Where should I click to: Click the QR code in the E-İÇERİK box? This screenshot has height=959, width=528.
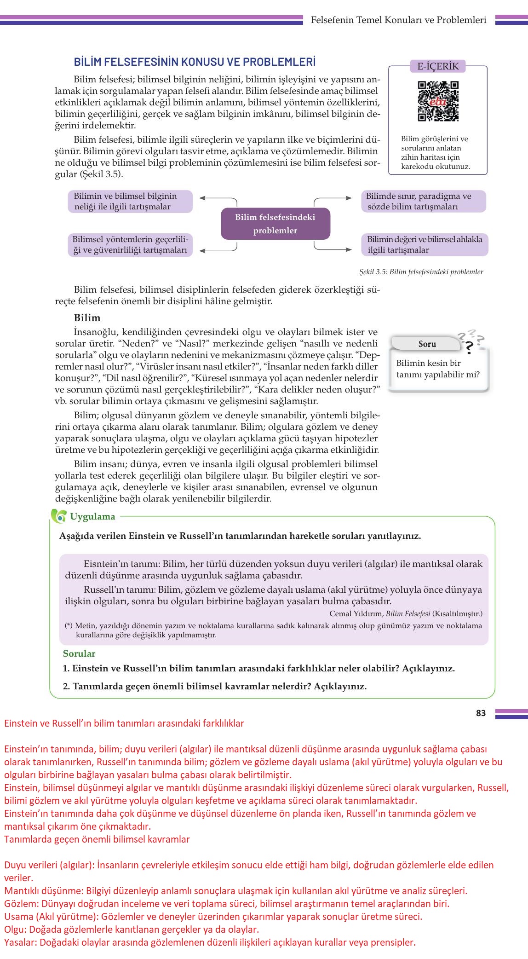pos(438,101)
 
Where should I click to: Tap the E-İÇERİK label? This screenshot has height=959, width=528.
pos(438,66)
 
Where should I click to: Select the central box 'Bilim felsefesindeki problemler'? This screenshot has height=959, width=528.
pos(275,224)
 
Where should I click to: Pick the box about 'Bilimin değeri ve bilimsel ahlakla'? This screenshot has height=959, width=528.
pos(425,245)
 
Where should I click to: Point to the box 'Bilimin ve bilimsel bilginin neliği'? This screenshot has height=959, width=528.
pos(130,202)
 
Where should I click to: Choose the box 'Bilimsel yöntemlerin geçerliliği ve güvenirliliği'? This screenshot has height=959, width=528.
pos(130,245)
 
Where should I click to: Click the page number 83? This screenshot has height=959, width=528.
pos(481,713)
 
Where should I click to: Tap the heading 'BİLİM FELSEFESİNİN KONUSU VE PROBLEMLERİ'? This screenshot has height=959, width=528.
pos(195,62)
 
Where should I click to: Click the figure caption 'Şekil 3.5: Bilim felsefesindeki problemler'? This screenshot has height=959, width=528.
pos(421,272)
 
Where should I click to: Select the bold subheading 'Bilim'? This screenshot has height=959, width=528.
pos(87,318)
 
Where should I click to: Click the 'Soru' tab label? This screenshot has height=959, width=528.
pos(427,344)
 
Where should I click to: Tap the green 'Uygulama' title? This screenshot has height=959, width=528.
pos(92,516)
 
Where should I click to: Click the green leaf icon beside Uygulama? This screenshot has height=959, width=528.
pos(59,516)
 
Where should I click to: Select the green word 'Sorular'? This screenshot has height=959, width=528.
pos(79,653)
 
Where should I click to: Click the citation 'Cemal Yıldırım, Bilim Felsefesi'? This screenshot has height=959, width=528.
pos(406,613)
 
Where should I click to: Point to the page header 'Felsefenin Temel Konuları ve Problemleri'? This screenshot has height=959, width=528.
pos(398,20)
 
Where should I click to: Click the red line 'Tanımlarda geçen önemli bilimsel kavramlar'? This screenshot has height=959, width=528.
pos(97,839)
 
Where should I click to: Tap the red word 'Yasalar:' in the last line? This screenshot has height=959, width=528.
pos(21,942)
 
